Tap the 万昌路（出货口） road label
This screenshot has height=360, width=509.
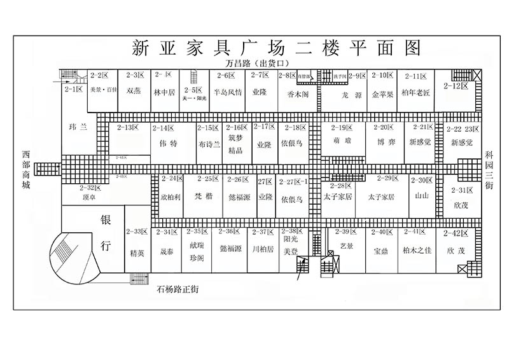point(258,64)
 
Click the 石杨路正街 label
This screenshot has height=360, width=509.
point(178,289)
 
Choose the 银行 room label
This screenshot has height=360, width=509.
point(106,233)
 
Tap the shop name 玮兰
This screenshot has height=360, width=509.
point(77,127)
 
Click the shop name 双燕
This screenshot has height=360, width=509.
point(134,92)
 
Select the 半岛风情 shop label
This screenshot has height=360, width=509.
point(227,92)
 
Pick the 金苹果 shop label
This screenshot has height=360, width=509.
point(383,93)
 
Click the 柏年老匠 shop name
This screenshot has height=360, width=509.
point(417,93)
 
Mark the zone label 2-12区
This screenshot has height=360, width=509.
point(456,85)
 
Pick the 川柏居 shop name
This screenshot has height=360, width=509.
point(262,249)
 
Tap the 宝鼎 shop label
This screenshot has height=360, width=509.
point(382,251)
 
